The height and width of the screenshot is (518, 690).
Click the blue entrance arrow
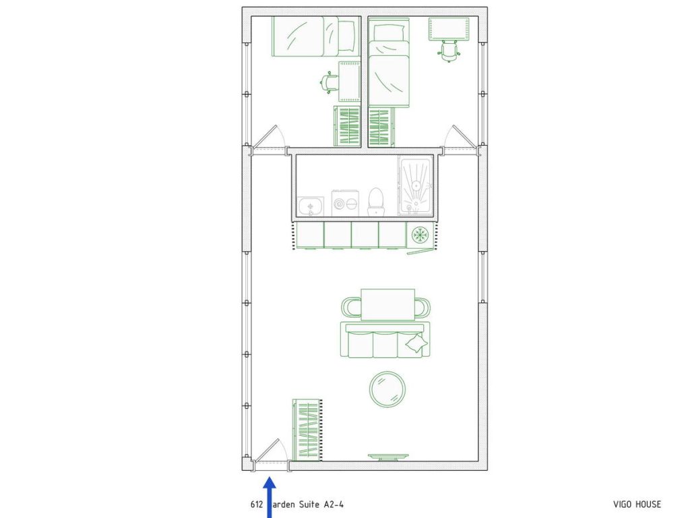point(270,496)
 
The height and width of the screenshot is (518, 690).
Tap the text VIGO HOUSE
point(637,505)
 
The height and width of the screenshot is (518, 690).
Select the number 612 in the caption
point(256,505)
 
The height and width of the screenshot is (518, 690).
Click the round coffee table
point(388,389)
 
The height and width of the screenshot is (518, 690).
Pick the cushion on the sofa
point(415,345)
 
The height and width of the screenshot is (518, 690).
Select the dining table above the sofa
point(387,304)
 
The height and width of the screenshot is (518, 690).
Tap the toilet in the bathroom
point(376,202)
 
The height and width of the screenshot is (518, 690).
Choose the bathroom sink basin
point(311,206)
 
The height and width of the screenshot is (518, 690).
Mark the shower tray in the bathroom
point(416,186)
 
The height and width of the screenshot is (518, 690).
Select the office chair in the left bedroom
point(329,82)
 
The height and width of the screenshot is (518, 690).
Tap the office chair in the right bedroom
point(449,50)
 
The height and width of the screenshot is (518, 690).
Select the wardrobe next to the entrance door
point(307,430)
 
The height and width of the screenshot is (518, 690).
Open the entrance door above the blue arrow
point(271,452)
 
